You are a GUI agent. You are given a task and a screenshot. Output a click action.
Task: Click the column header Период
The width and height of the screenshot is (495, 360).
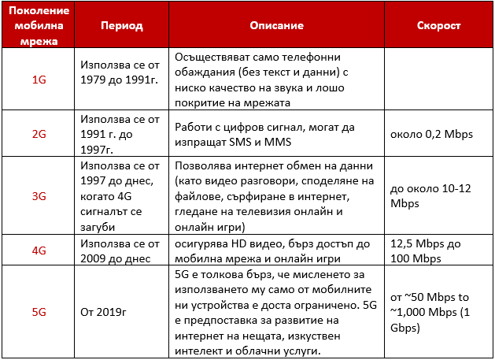pos(121,26)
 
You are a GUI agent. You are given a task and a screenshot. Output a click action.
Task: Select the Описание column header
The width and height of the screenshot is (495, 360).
pos(276,26)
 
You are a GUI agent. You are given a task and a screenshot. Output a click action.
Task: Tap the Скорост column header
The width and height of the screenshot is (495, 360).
pos(438,26)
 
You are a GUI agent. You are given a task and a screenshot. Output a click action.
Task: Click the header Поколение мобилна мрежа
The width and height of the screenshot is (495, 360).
pos(39,26)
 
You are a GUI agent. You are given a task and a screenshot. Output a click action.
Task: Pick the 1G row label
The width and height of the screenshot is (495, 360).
pos(39,80)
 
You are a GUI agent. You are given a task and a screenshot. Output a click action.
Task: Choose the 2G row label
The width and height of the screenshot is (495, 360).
pos(39,134)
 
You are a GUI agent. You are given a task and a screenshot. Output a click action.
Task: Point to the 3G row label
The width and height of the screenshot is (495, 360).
pos(39,196)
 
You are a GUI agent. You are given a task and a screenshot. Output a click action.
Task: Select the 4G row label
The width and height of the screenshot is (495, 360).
pos(39,251)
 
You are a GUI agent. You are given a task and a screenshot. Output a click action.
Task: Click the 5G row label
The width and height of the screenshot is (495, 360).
pos(39,312)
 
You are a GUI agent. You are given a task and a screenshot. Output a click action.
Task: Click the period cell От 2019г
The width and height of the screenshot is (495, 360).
pos(105,312)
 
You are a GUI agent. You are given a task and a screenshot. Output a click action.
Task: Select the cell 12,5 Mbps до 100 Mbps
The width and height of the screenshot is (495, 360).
pos(425,251)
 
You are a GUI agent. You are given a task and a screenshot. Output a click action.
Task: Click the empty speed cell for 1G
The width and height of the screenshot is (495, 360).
pos(438,80)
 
